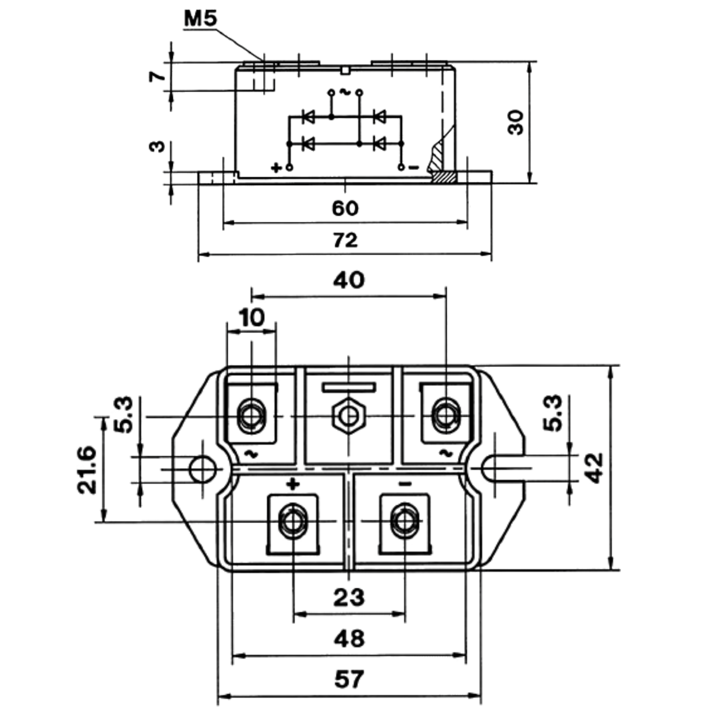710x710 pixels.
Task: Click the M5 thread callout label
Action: pos(200,19)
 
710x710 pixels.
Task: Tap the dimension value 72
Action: pos(345,240)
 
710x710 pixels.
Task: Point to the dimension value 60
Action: pos(345,208)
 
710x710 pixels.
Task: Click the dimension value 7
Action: pos(157,76)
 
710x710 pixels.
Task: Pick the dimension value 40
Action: pos(349,280)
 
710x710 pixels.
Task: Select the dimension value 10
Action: pos(252,317)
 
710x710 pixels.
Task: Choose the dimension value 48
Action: pos(349,639)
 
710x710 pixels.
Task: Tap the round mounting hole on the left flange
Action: pos(202,469)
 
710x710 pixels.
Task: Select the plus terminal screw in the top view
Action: pos(293,521)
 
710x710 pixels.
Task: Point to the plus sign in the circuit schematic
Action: pos(276,168)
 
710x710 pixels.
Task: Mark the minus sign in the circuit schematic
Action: pos(414,168)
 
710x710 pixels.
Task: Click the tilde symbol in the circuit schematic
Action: pos(345,92)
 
